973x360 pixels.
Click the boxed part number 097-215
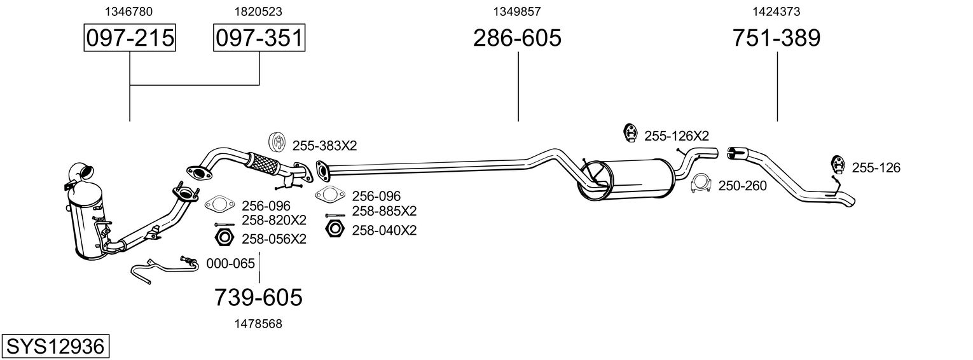(x=130, y=38)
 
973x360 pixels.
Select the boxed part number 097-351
(x=259, y=38)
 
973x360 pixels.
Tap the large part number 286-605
(x=517, y=38)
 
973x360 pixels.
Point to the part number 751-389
(x=776, y=38)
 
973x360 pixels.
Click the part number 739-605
(x=258, y=297)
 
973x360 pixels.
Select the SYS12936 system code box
(x=55, y=347)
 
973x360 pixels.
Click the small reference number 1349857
(x=517, y=11)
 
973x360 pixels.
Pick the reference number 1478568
(x=258, y=324)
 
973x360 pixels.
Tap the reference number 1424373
(x=776, y=11)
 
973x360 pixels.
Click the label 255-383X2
(x=324, y=146)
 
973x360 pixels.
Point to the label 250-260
(x=742, y=186)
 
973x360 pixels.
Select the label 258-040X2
(x=384, y=230)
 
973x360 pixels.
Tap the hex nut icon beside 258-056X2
(x=223, y=239)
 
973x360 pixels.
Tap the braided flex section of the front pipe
(x=263, y=163)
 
